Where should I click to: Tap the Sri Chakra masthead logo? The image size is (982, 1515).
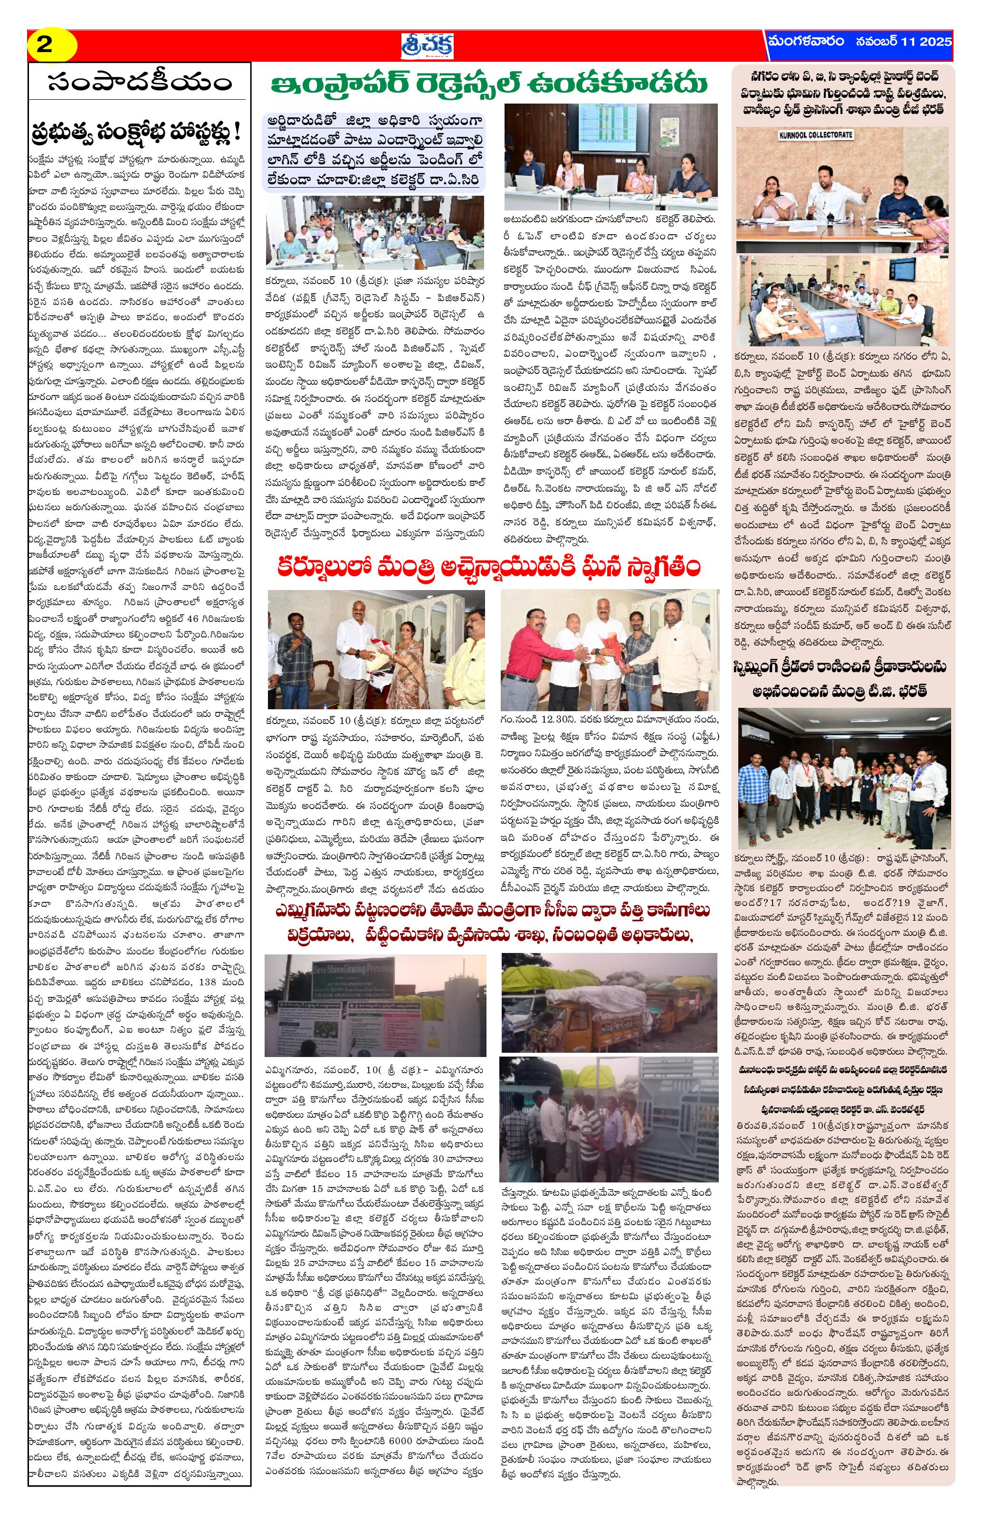(x=420, y=45)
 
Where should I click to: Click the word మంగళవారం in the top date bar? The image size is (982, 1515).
(x=805, y=42)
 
